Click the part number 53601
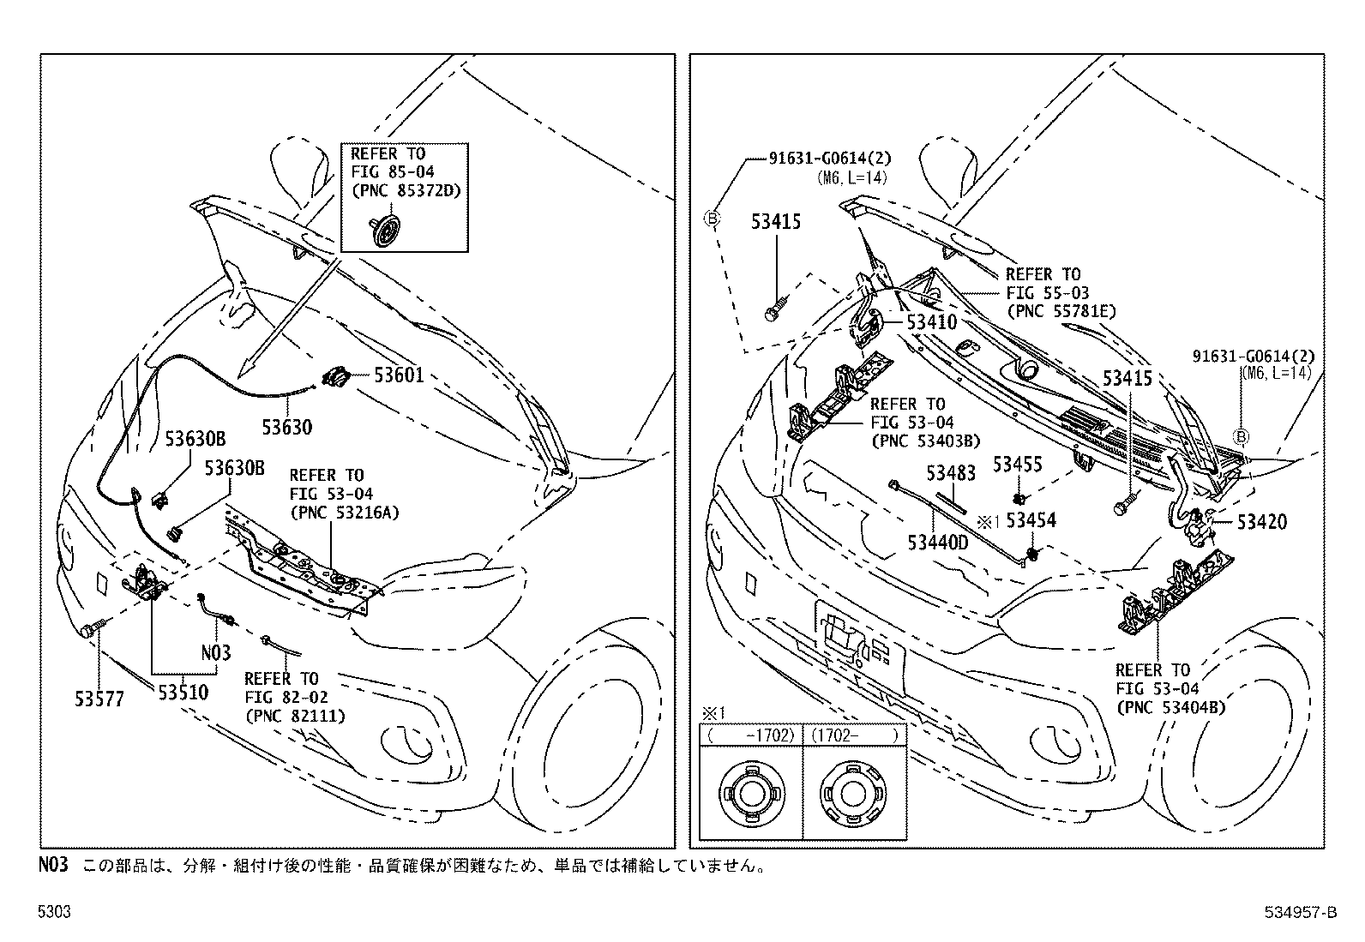(399, 375)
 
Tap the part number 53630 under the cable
(287, 427)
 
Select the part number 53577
(99, 699)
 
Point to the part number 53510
(183, 693)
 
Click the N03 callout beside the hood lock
(216, 653)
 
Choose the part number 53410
(932, 321)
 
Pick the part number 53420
(1262, 522)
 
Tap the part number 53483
(951, 473)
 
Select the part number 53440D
(938, 542)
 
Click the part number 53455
(1018, 465)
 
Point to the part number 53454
(1031, 520)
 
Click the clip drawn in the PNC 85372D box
(384, 230)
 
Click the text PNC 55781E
(1061, 311)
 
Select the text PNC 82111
(295, 716)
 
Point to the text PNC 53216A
(345, 513)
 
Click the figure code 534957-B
(1301, 912)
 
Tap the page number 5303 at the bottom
(54, 911)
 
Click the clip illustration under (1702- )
(852, 794)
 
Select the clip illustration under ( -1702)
(752, 794)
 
